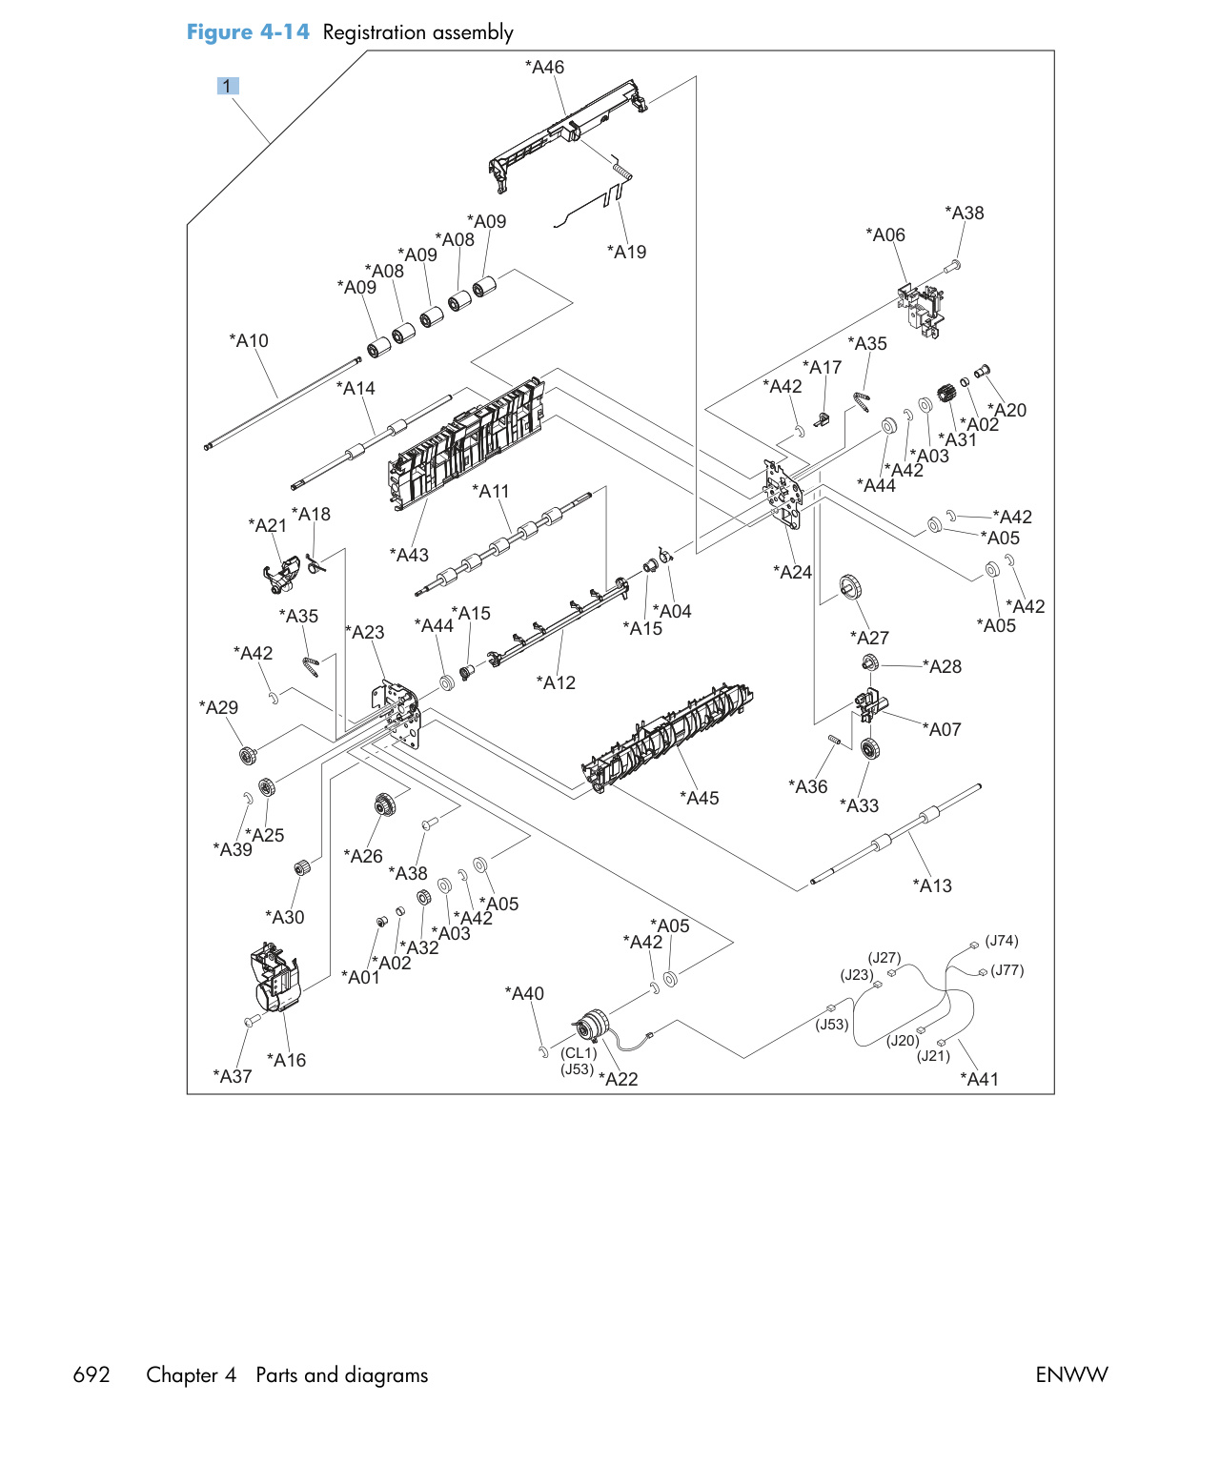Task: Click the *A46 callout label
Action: pyautogui.click(x=544, y=68)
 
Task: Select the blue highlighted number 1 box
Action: pyautogui.click(x=227, y=86)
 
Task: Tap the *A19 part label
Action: pyautogui.click(x=626, y=252)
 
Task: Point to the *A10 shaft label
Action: pyautogui.click(x=248, y=341)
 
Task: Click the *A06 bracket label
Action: pyautogui.click(x=884, y=234)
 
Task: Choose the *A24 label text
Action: pyautogui.click(x=792, y=572)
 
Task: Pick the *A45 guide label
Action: pyautogui.click(x=699, y=798)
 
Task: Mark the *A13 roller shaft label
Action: pyautogui.click(x=932, y=885)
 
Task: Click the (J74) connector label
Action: pyautogui.click(x=1001, y=940)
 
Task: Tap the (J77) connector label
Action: pyautogui.click(x=1006, y=969)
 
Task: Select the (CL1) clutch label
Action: pyautogui.click(x=579, y=1052)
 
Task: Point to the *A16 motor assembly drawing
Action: pyautogui.click(x=274, y=977)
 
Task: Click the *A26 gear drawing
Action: pyautogui.click(x=383, y=804)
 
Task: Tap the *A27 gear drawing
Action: pyautogui.click(x=850, y=587)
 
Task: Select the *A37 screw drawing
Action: pyautogui.click(x=252, y=1021)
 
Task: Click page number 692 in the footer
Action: pyautogui.click(x=91, y=1375)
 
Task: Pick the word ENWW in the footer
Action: pyautogui.click(x=1071, y=1375)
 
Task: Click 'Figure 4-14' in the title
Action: pyautogui.click(x=248, y=32)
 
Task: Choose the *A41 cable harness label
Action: pyautogui.click(x=979, y=1079)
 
